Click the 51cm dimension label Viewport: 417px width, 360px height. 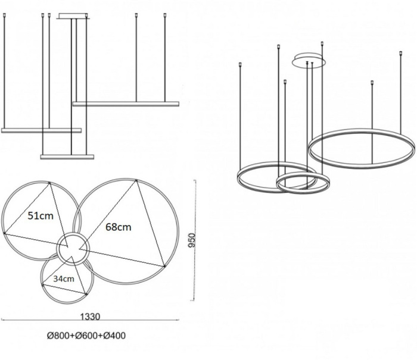(41, 216)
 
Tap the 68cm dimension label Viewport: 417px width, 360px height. (119, 227)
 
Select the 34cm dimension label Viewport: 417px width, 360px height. (64, 278)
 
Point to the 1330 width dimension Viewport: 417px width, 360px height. (90, 317)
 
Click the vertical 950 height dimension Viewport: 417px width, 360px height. (191, 240)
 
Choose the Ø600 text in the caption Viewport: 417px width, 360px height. (87, 336)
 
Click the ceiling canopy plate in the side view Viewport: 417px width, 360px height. (73, 16)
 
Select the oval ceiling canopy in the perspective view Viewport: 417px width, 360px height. (309, 60)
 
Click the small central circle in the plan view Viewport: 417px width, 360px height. (73, 248)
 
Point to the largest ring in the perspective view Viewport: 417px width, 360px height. (362, 149)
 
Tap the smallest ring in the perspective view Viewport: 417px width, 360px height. (303, 183)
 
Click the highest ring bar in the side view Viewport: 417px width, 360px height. (126, 104)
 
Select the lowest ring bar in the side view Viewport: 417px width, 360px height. (67, 156)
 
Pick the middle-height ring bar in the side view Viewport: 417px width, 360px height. (41, 130)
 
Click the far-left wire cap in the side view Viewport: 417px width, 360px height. (4, 15)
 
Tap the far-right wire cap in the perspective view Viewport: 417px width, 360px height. (400, 53)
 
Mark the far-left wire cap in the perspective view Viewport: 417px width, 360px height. (240, 64)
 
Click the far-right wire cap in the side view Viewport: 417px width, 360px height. (165, 15)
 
